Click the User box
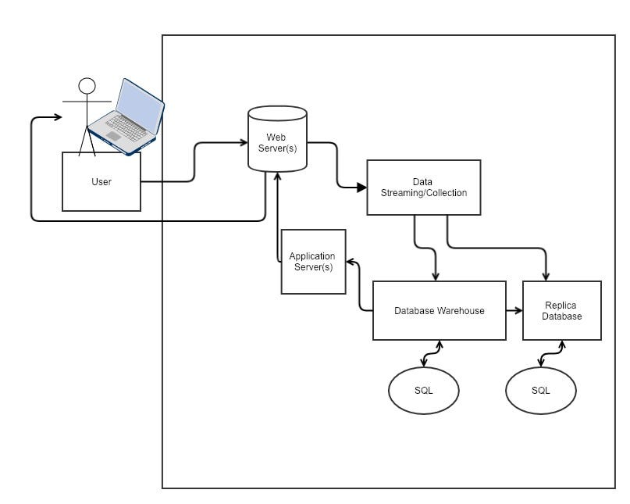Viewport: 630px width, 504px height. [x=101, y=181]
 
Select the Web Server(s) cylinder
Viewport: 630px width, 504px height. [x=277, y=139]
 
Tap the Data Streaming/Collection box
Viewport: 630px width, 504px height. [x=424, y=188]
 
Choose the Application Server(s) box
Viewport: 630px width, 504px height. [x=313, y=262]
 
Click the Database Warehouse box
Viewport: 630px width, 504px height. [x=440, y=310]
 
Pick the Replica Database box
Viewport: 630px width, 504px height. [x=562, y=310]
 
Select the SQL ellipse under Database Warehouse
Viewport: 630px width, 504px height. [x=423, y=390]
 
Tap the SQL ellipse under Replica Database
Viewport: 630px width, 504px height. [x=541, y=390]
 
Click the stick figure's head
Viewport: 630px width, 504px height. [x=87, y=86]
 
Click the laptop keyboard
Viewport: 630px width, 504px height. [x=126, y=127]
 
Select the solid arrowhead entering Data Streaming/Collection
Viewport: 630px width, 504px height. [x=361, y=188]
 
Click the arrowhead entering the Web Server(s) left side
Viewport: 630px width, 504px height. [x=244, y=142]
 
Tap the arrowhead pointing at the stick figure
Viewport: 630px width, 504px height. [x=58, y=117]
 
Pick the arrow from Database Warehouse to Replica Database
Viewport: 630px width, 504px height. [x=514, y=310]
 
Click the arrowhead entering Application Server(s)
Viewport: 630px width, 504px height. [x=351, y=262]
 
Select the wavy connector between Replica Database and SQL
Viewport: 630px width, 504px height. [x=552, y=354]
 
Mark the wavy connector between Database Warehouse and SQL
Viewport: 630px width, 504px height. [x=432, y=354]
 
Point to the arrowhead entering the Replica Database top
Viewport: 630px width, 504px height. [x=546, y=277]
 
